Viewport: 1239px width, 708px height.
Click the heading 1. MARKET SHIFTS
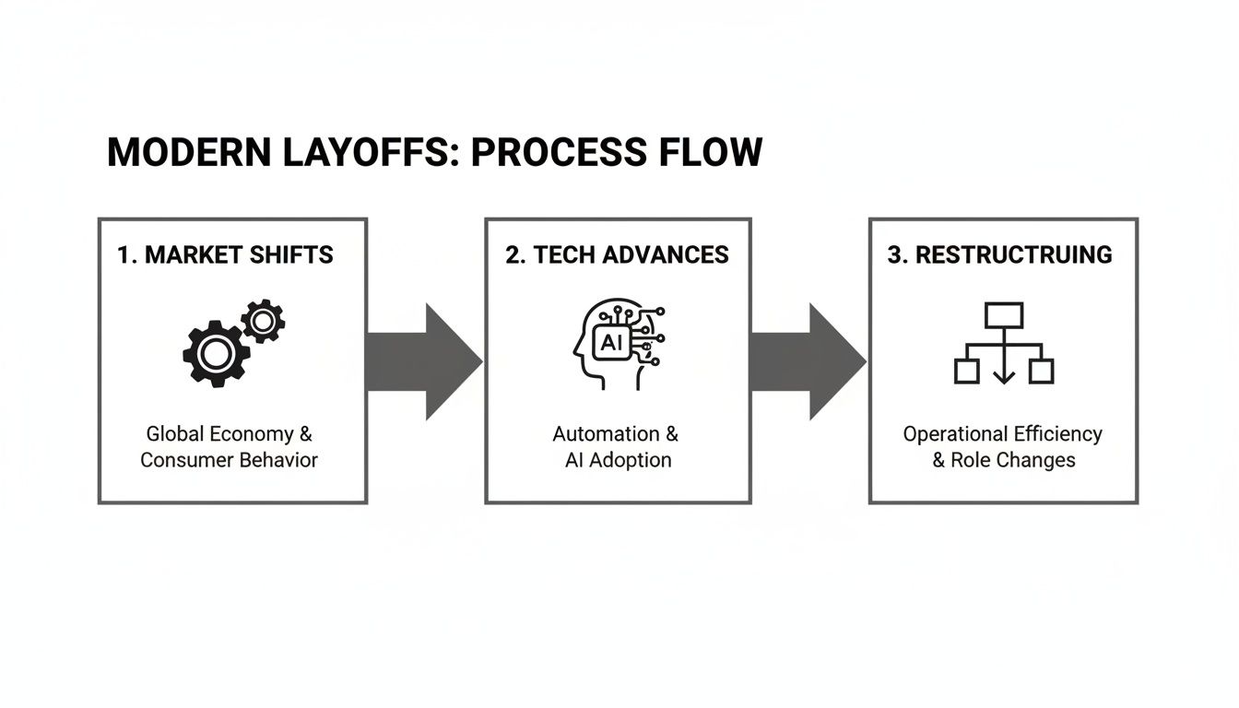(x=225, y=255)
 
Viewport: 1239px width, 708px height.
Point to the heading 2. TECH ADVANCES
(x=617, y=255)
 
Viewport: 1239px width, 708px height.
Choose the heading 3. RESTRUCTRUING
(x=1000, y=255)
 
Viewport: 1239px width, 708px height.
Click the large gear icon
(x=217, y=353)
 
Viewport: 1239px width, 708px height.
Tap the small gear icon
(x=263, y=321)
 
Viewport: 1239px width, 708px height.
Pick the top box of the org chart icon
(x=1003, y=315)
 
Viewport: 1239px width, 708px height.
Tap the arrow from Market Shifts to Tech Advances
(x=425, y=361)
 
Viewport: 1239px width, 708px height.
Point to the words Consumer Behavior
(x=229, y=460)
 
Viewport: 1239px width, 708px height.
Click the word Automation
(x=606, y=434)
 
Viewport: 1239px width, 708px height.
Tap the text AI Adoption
(x=618, y=460)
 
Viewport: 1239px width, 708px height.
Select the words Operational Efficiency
(x=1002, y=434)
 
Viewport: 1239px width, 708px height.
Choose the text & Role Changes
(x=1003, y=460)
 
